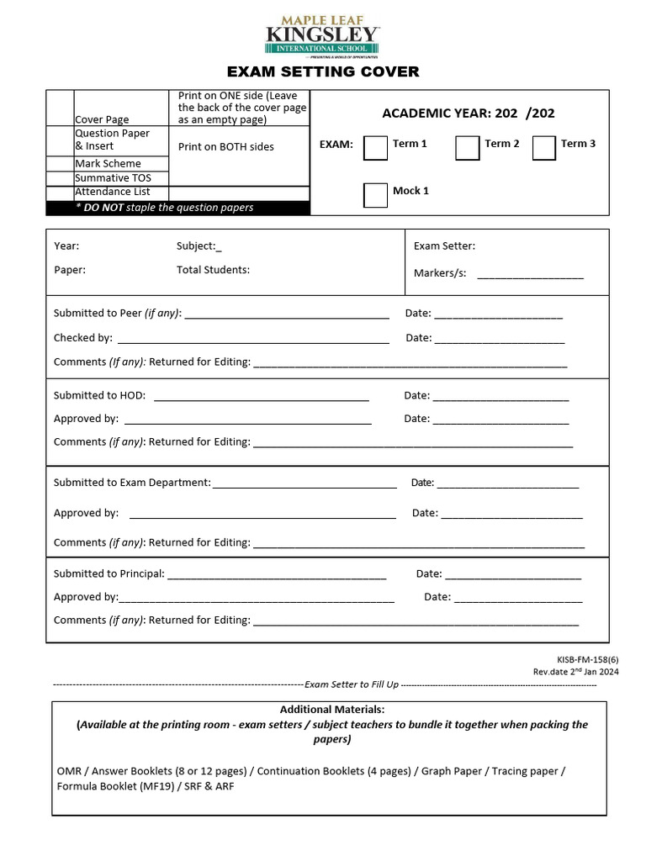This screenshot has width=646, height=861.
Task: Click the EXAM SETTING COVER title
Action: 323,72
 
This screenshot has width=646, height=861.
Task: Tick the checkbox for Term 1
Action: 375,148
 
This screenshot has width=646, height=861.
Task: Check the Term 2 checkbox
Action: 468,148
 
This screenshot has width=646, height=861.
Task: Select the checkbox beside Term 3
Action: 544,148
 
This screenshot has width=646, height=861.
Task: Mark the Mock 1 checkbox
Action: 375,195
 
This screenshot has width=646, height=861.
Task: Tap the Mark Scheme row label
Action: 108,164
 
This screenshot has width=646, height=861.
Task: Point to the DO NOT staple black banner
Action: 178,208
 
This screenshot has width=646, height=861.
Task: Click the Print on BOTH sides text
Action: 226,146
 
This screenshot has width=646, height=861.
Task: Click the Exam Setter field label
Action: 444,246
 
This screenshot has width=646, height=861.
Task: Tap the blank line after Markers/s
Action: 530,274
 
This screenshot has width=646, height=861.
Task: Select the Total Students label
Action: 213,270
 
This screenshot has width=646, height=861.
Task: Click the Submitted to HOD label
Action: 99,395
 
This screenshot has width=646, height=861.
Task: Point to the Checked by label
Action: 82,338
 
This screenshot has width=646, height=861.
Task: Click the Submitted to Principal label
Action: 109,573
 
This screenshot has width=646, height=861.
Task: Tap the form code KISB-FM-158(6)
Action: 581,660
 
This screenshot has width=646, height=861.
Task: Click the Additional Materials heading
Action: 332,710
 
